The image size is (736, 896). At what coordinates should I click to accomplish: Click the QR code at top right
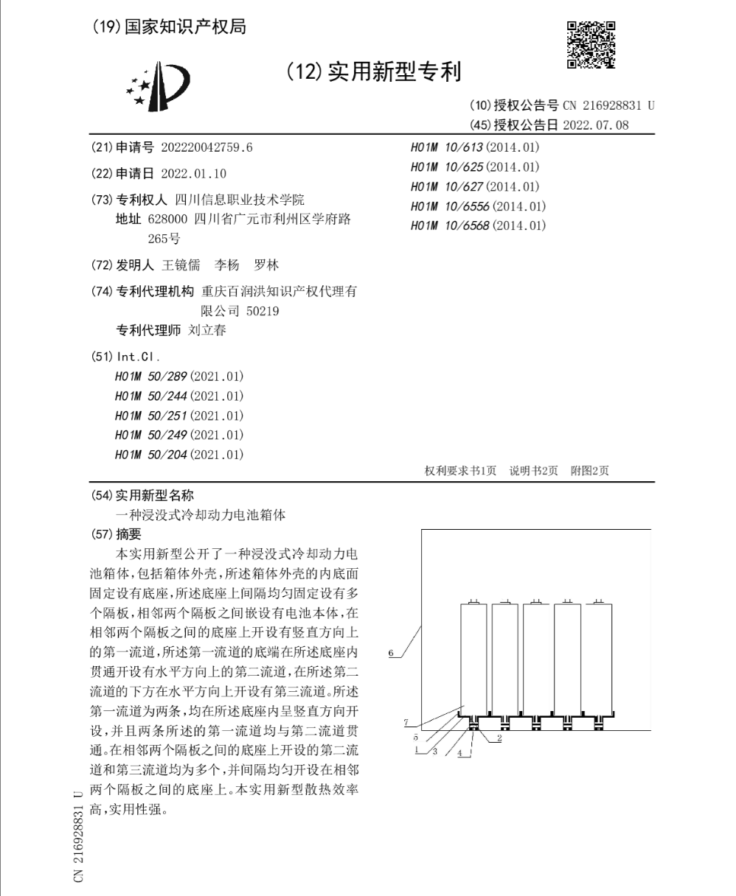pyautogui.click(x=591, y=45)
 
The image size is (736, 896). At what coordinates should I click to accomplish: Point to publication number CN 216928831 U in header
pyautogui.click(x=608, y=105)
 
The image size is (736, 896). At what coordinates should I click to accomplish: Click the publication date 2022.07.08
pyautogui.click(x=595, y=125)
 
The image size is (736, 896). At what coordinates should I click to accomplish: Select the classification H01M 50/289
pyautogui.click(x=179, y=376)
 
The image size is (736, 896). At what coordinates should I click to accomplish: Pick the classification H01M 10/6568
pyautogui.click(x=478, y=225)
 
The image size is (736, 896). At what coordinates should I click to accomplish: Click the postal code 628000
pyautogui.click(x=167, y=220)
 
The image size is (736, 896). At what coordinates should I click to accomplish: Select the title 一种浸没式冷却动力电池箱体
pyautogui.click(x=201, y=515)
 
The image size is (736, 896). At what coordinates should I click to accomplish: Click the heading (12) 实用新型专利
pyautogui.click(x=373, y=71)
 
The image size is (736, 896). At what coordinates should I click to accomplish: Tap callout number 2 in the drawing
pyautogui.click(x=499, y=738)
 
